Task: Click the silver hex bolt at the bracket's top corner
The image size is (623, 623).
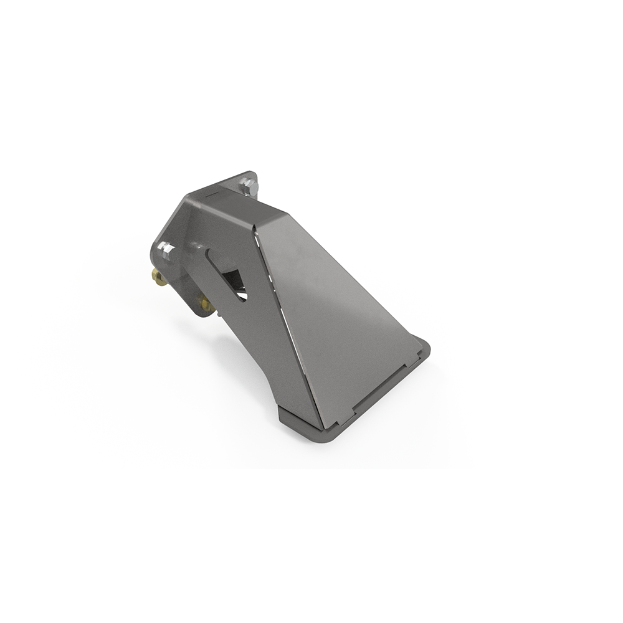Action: coord(247,185)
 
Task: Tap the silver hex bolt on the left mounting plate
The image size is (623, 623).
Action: coord(166,251)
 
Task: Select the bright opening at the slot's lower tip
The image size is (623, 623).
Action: coord(242,295)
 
